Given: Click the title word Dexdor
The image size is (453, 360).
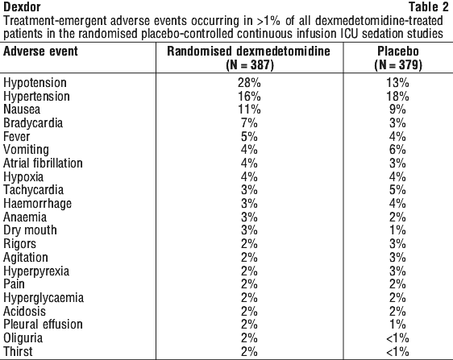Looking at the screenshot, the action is coord(22,6).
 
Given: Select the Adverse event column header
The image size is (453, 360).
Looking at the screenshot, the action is coord(40,52).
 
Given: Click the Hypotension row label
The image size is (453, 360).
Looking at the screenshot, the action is coord(35,83).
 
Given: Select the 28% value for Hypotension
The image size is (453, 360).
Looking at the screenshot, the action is coord(249,83).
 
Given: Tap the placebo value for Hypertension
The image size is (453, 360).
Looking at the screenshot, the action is coord(397,96).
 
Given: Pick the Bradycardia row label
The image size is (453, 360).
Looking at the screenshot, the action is coord(33,123).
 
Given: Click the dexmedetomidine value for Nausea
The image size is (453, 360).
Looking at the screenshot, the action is coord(249,110).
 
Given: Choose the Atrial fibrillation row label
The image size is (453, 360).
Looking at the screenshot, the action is coord(43,163).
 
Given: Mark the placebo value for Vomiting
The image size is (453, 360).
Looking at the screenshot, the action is coord(397,150).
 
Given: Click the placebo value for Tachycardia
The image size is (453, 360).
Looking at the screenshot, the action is coord(397,190).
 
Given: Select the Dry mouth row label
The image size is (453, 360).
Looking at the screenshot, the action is coord(30,230).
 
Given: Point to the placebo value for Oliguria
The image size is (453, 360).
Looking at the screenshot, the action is coord(397,338).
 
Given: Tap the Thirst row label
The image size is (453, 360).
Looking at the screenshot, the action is coord(18,351).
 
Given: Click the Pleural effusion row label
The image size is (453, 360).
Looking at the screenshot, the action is coord(43,325).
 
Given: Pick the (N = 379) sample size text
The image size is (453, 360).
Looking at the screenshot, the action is coord(398,65).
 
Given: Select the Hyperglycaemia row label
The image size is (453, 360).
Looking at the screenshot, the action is coord(44,298).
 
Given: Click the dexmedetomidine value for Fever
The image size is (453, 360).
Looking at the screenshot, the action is coord(249,136).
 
